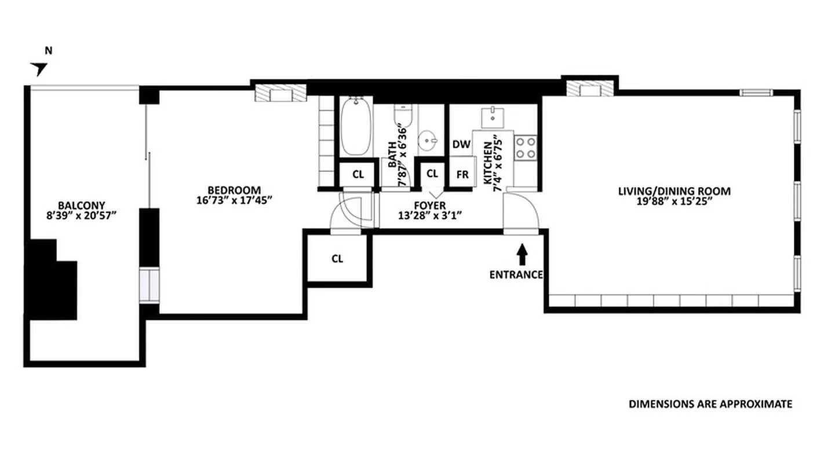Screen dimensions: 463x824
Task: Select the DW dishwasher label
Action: pyautogui.click(x=461, y=144)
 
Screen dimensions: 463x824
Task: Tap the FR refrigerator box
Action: pyautogui.click(x=462, y=174)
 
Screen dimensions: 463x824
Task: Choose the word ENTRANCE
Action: pyautogui.click(x=516, y=275)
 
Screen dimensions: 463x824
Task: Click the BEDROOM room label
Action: pyautogui.click(x=234, y=190)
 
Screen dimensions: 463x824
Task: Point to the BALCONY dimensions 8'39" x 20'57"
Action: pyautogui.click(x=81, y=215)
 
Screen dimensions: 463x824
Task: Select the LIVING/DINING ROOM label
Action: pyautogui.click(x=674, y=191)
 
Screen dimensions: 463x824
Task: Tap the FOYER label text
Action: pyautogui.click(x=429, y=205)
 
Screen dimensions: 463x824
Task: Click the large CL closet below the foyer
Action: pyautogui.click(x=338, y=259)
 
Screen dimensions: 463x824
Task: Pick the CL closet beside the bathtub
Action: pyautogui.click(x=358, y=174)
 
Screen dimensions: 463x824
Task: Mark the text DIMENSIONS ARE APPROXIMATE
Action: pyautogui.click(x=710, y=404)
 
